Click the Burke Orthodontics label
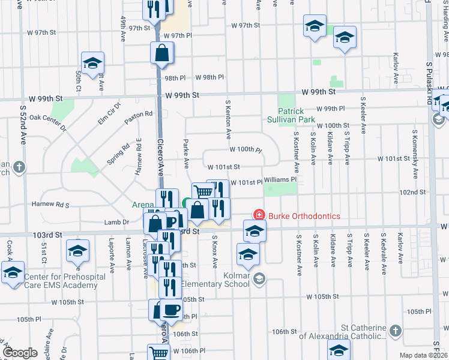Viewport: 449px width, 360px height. click(304, 216)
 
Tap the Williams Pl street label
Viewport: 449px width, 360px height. click(280, 179)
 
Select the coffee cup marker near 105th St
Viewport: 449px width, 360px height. click(171, 310)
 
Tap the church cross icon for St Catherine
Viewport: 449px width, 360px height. click(395, 331)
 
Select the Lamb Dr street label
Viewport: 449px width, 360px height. click(117, 222)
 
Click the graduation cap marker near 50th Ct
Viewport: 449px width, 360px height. click(92, 63)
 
